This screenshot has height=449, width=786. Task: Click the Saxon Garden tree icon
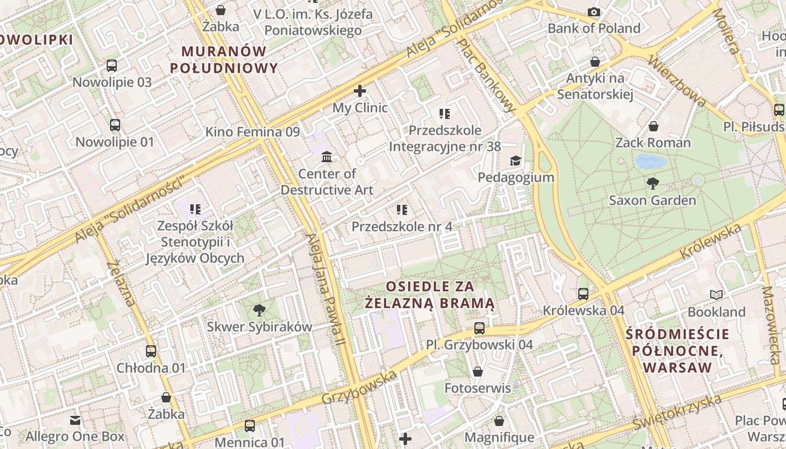click(x=652, y=183)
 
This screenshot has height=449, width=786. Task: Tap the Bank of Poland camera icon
click(x=594, y=12)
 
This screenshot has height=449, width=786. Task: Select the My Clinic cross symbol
click(x=360, y=90)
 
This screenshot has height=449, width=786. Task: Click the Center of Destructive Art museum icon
click(x=327, y=157)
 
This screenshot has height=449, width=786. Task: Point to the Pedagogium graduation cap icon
click(x=515, y=161)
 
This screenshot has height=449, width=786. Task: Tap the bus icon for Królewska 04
click(x=583, y=294)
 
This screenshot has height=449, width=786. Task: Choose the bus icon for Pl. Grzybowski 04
click(x=479, y=328)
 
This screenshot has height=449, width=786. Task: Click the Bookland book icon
click(x=716, y=295)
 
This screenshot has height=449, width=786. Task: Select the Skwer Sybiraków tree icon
click(x=259, y=310)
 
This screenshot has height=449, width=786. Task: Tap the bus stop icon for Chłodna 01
click(x=151, y=351)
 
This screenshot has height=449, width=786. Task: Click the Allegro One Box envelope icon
click(x=75, y=420)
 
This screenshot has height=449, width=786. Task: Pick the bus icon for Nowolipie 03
click(x=112, y=66)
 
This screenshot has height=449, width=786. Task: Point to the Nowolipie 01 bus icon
click(x=115, y=125)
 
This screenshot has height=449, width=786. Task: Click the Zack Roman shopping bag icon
click(x=653, y=126)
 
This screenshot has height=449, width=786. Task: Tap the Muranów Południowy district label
click(x=224, y=59)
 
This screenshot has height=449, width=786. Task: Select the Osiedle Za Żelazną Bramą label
click(x=429, y=295)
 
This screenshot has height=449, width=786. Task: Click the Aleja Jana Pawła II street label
click(x=324, y=289)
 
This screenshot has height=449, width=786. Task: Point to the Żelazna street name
click(x=121, y=284)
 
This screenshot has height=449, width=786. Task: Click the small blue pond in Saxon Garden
click(x=651, y=162)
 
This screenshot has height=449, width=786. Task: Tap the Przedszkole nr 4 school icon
click(x=402, y=210)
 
